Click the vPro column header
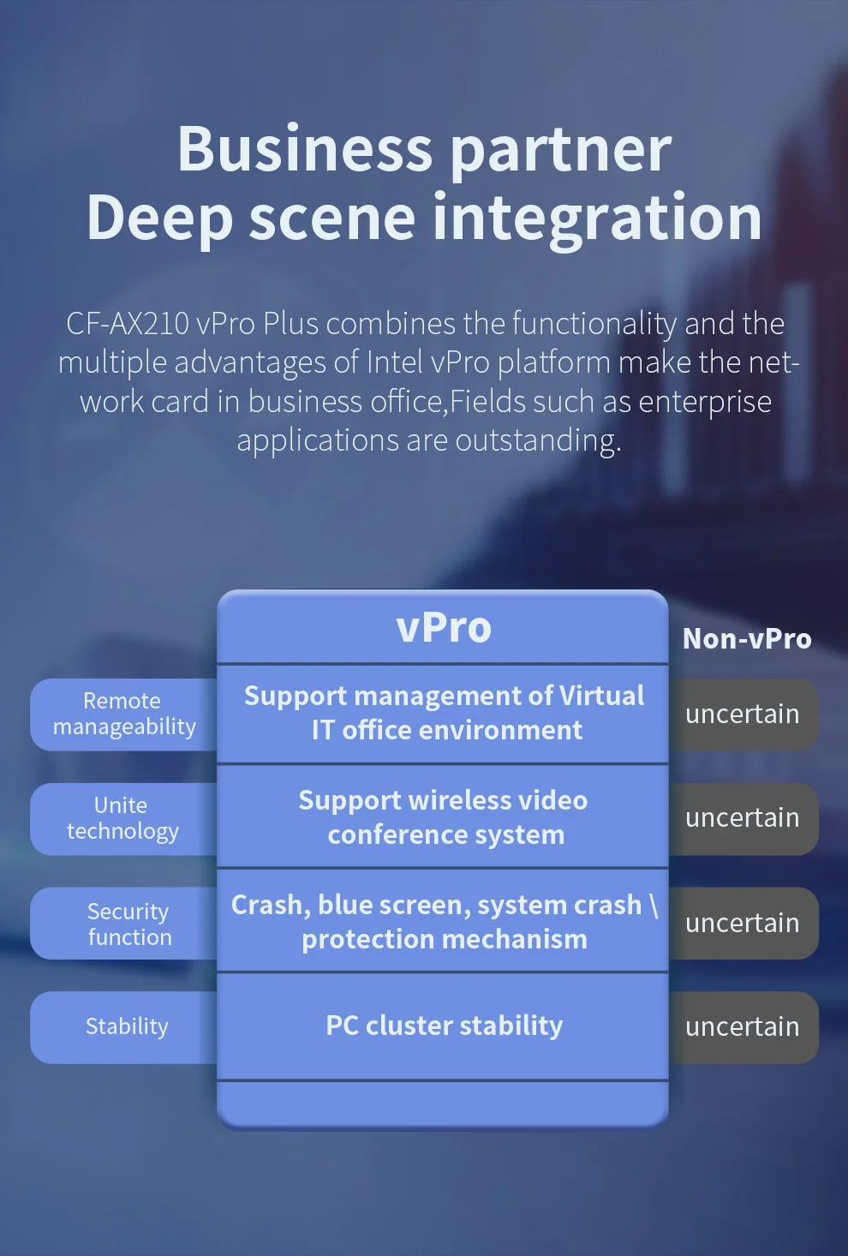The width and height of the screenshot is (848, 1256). click(444, 627)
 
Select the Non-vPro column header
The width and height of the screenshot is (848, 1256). click(747, 639)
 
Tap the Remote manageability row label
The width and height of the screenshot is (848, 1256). click(124, 714)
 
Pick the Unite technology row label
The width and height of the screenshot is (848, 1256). click(122, 818)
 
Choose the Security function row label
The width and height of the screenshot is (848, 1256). click(128, 924)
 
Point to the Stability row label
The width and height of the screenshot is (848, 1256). click(127, 1026)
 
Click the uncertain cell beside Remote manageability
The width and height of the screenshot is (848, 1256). click(743, 715)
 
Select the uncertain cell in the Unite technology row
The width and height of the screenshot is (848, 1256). click(743, 818)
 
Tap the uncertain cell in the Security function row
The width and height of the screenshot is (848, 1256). click(743, 924)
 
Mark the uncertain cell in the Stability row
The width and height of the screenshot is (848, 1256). click(743, 1027)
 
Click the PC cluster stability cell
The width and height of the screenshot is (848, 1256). click(444, 1026)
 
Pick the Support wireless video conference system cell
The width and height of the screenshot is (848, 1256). click(444, 816)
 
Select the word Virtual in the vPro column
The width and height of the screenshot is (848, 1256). click(601, 696)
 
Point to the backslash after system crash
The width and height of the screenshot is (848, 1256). click(654, 906)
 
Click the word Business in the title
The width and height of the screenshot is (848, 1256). click(304, 150)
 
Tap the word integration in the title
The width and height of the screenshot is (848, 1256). click(597, 218)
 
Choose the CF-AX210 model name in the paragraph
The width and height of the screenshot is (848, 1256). click(128, 324)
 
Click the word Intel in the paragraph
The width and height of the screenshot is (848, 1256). click(394, 362)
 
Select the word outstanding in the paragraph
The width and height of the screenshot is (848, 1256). click(538, 440)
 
